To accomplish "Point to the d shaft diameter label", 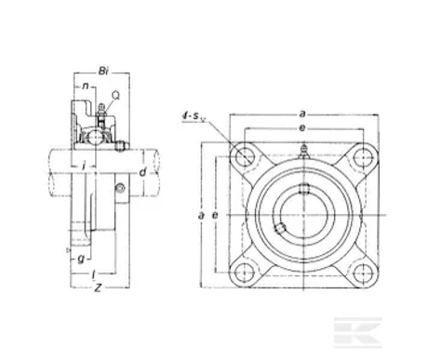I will (141, 172).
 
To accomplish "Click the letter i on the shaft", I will (85, 167).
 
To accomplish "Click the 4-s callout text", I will (194, 116).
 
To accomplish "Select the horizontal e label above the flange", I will (308, 126).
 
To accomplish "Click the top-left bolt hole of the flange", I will (246, 153).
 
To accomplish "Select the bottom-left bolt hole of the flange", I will (246, 273).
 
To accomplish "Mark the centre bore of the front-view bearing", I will (306, 213).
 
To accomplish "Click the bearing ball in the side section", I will (97, 135).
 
